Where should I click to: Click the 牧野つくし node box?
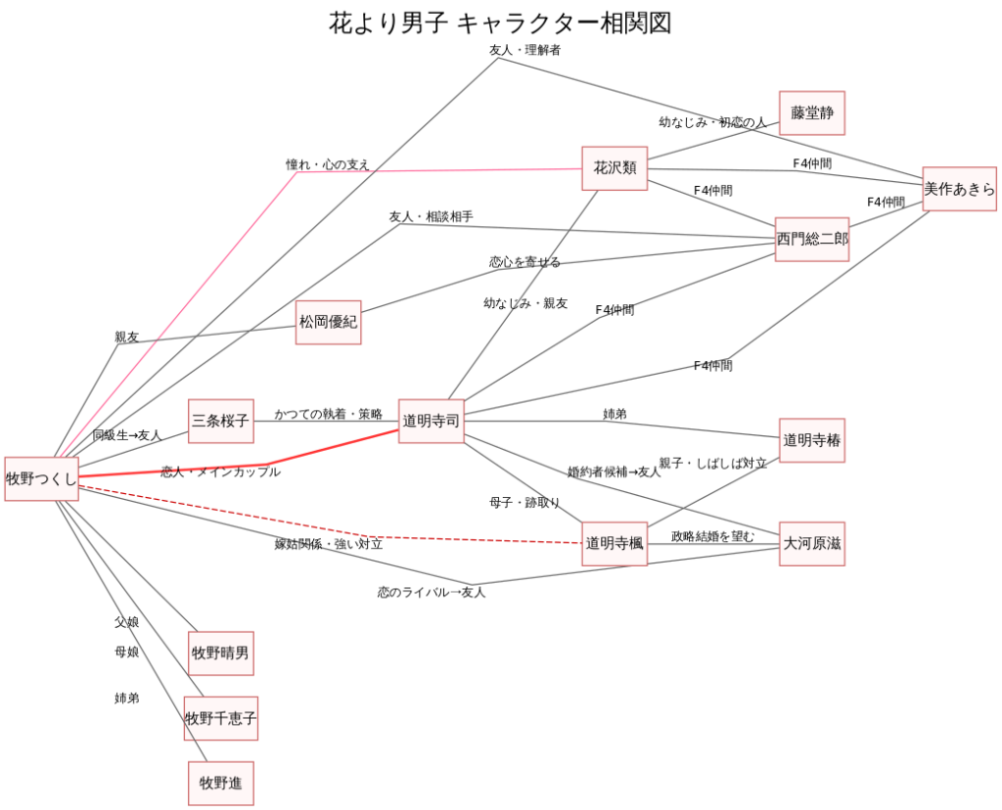coord(41,478)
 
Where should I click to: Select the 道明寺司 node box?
coord(431,421)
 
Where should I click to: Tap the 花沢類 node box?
coord(615,168)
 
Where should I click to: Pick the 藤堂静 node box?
coord(811,112)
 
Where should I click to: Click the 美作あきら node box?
coord(959,189)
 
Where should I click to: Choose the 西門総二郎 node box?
coord(812,239)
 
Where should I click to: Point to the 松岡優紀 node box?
coord(329,322)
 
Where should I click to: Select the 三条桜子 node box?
coord(220,421)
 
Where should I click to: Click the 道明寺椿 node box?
coord(811,440)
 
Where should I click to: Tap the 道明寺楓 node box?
coord(615,544)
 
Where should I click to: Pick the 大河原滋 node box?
coord(811,544)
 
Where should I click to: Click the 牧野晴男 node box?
coord(220,653)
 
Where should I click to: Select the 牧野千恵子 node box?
coord(220,719)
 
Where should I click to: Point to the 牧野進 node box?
coord(220,783)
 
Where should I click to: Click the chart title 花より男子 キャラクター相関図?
coord(500,23)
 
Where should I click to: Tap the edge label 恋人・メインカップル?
coord(220,472)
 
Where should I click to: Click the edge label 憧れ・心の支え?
coord(328,164)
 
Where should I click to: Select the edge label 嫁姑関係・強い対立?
coord(328,544)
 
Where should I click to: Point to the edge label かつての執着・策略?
coord(328,415)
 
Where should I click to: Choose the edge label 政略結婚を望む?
coord(712,536)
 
